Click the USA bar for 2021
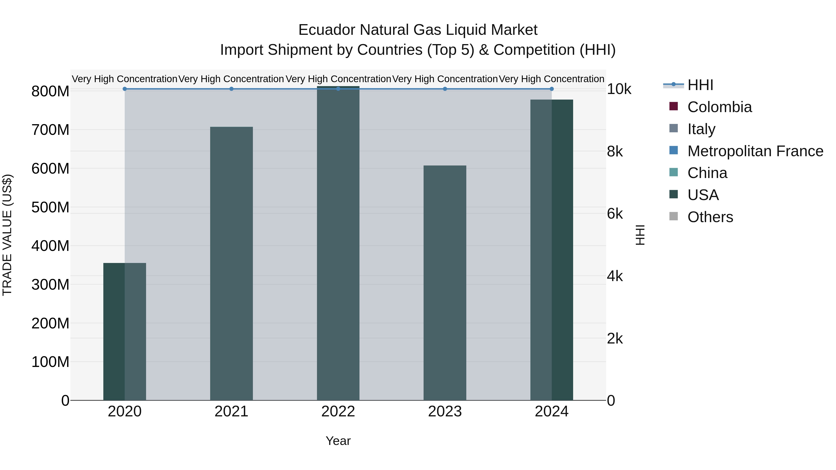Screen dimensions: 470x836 pyautogui.click(x=231, y=263)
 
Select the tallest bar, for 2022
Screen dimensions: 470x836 pyautogui.click(x=338, y=243)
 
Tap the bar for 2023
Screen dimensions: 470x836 pyautogui.click(x=445, y=282)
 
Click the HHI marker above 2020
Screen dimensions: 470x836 pyautogui.click(x=125, y=89)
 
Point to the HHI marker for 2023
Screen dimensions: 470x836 pyautogui.click(x=445, y=89)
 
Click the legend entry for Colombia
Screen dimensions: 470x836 pyautogui.click(x=719, y=107)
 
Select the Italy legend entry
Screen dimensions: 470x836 pyautogui.click(x=701, y=129)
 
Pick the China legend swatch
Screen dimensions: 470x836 pyautogui.click(x=674, y=172)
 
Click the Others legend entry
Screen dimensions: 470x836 pyautogui.click(x=710, y=217)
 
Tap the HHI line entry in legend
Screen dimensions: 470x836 pyautogui.click(x=700, y=85)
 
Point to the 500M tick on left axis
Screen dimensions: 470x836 pyautogui.click(x=50, y=207)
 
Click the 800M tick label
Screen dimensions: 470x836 pyautogui.click(x=50, y=91)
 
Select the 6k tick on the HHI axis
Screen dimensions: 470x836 pyautogui.click(x=615, y=214)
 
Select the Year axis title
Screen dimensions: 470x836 pyautogui.click(x=338, y=441)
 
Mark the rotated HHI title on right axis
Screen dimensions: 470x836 pyautogui.click(x=640, y=235)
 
